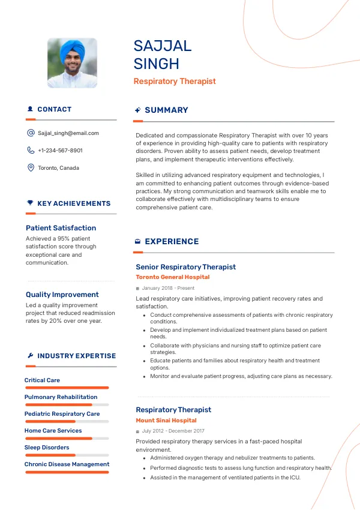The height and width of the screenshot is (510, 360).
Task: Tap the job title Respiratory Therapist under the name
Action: pos(175,81)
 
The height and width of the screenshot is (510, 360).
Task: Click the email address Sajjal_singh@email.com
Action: pos(68,133)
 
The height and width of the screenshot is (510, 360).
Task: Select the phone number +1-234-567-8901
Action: pos(60,151)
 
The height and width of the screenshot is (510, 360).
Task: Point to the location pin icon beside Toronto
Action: pos(31,168)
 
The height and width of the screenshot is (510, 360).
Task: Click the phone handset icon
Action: pos(31,151)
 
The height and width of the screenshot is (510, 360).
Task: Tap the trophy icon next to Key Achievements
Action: pos(30,203)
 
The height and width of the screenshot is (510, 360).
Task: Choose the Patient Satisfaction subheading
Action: pos(61,228)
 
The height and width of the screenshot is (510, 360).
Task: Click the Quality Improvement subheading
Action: pos(62,295)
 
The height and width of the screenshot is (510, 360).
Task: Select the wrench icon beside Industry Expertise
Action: pos(30,356)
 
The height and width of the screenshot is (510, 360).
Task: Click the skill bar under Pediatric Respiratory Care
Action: pos(67,421)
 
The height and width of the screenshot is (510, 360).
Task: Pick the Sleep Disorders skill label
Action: pos(47,448)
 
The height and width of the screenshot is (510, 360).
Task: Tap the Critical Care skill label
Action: pos(42,380)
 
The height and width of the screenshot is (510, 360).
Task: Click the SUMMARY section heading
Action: pos(166,110)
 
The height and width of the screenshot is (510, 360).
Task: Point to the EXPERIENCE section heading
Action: pos(172,242)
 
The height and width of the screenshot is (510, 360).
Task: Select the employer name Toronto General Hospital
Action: pos(173,277)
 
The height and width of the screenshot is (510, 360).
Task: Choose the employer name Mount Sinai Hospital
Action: pos(166,421)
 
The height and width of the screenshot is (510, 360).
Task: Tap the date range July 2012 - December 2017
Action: pos(173,431)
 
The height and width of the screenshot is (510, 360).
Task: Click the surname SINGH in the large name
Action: pos(156,64)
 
